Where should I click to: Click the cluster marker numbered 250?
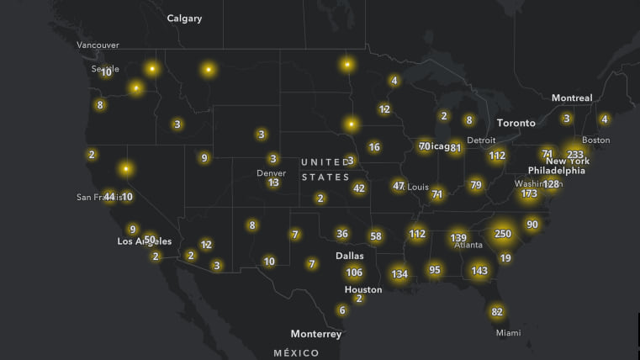click(503, 234)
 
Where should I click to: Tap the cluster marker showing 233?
click(575, 155)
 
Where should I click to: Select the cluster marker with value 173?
click(529, 194)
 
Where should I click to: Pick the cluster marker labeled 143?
click(479, 271)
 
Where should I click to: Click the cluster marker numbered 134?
click(399, 273)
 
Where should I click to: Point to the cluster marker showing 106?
click(354, 272)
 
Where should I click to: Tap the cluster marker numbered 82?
click(497, 312)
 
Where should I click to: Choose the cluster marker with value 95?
click(435, 270)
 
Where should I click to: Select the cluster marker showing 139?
click(458, 238)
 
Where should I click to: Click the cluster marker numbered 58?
click(376, 236)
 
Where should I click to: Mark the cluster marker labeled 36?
click(341, 234)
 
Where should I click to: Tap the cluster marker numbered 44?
click(109, 196)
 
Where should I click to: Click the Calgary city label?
click(184, 18)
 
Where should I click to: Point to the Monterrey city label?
click(316, 334)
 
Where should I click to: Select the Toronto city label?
click(516, 123)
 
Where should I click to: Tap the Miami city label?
click(508, 333)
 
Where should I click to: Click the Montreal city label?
click(572, 98)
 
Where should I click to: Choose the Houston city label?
click(363, 289)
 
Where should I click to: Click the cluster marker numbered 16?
click(374, 147)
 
